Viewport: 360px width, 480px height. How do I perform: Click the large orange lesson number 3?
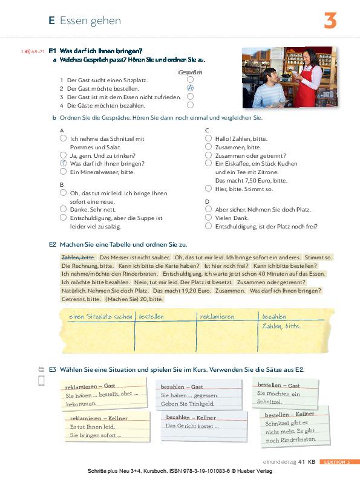click(x=330, y=21)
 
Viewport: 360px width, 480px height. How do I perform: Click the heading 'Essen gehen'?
click(x=90, y=21)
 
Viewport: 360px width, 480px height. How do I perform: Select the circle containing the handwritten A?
click(x=190, y=88)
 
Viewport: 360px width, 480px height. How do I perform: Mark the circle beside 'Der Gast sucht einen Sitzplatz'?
click(x=190, y=79)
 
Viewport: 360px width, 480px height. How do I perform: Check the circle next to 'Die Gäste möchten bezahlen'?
click(x=190, y=105)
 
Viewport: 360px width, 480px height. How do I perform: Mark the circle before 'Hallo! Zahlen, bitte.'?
click(x=208, y=138)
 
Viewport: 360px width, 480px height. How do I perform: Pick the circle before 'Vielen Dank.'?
click(x=208, y=218)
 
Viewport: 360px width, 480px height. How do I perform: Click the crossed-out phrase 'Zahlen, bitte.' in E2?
click(x=78, y=257)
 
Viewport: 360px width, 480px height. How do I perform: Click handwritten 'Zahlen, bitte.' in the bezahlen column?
click(x=281, y=326)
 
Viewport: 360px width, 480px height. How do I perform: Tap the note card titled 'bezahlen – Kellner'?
click(x=205, y=423)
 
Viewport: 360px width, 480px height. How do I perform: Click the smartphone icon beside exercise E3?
click(x=41, y=380)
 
